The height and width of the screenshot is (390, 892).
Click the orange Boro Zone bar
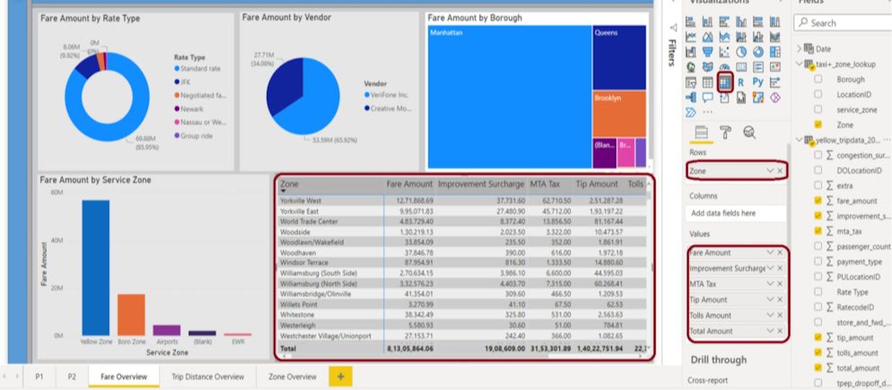131,315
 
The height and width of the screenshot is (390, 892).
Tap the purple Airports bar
166,330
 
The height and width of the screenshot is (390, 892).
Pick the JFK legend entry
186,82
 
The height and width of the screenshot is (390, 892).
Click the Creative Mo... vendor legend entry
390,109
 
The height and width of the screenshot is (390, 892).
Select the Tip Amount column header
596,184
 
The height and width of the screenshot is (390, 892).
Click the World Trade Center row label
309,222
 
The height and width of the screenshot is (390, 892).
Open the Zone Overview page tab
292,376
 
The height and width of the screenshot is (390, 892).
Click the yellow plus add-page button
340,376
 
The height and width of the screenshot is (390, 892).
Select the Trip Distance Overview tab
208,376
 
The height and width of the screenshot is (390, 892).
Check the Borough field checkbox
818,79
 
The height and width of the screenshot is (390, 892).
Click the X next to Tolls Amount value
780,315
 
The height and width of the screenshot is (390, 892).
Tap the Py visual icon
758,82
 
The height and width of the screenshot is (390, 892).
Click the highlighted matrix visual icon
725,82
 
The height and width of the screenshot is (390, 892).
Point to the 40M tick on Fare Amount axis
57,240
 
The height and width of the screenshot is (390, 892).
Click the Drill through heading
719,360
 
